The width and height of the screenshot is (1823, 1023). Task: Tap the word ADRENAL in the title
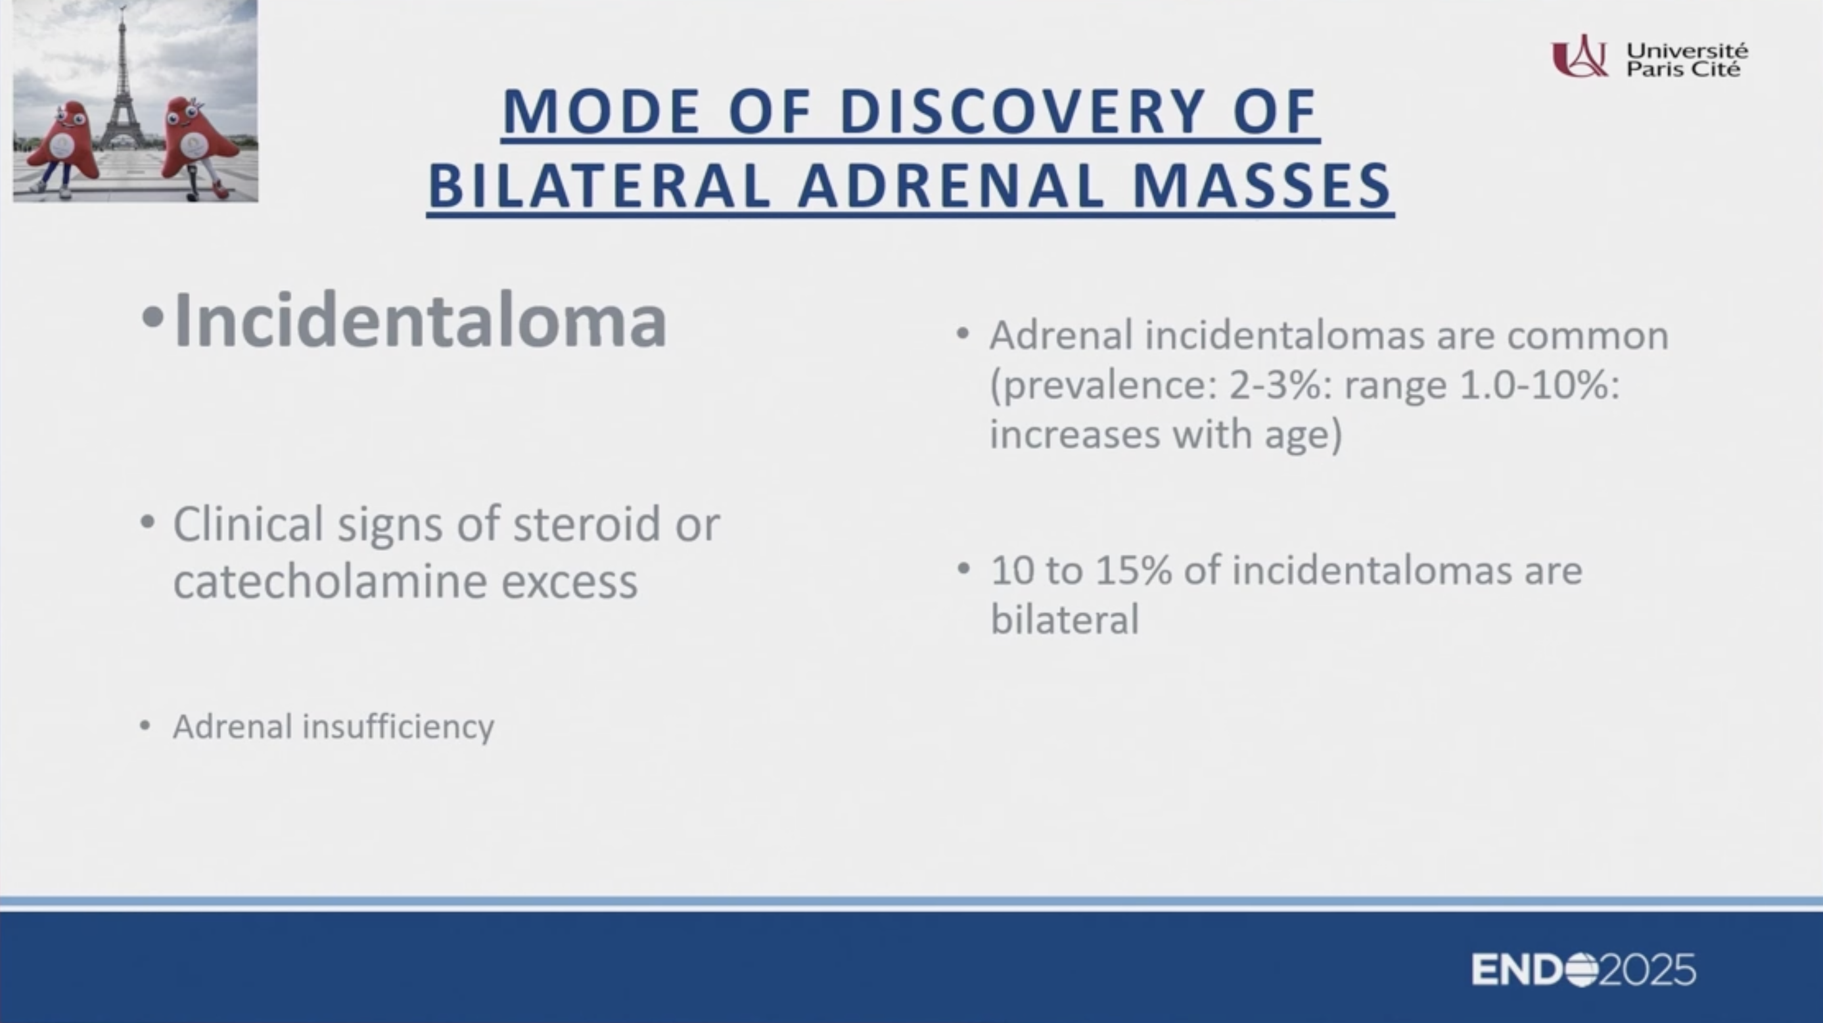click(952, 186)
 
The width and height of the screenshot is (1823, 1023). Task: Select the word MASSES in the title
click(1262, 186)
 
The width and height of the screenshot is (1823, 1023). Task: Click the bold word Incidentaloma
click(421, 320)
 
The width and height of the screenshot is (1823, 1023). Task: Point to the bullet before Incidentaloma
click(152, 318)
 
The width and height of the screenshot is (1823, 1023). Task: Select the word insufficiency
click(398, 726)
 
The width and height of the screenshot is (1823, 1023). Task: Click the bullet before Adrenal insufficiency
click(145, 726)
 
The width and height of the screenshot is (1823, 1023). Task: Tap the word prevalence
click(1103, 386)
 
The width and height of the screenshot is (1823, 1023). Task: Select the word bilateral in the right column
click(1065, 619)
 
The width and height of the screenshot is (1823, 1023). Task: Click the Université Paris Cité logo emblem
click(1579, 56)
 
